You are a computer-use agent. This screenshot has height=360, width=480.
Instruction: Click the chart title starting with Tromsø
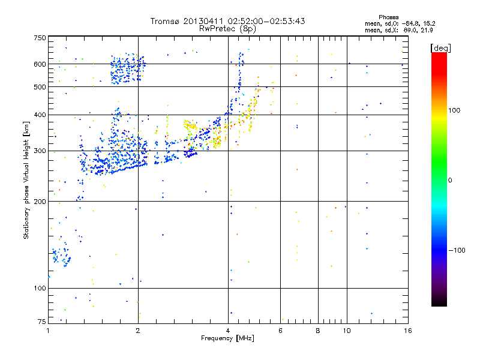pyautogui.click(x=227, y=21)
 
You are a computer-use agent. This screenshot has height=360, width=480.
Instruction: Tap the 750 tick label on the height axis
pyautogui.click(x=40, y=38)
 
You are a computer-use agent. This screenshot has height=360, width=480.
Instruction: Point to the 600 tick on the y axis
pyautogui.click(x=40, y=64)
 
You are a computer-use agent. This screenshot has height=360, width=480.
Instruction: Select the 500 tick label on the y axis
pyautogui.click(x=40, y=87)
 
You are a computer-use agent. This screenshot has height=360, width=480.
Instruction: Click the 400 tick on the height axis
pyautogui.click(x=40, y=115)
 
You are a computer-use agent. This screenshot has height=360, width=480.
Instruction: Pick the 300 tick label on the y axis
pyautogui.click(x=40, y=151)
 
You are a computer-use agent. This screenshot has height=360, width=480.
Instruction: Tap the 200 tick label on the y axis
pyautogui.click(x=40, y=202)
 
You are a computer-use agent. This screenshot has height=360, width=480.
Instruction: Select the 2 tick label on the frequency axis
pyautogui.click(x=138, y=331)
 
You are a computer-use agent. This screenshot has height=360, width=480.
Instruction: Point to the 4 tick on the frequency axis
pyautogui.click(x=228, y=331)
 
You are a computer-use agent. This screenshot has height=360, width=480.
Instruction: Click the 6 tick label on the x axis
pyautogui.click(x=280, y=331)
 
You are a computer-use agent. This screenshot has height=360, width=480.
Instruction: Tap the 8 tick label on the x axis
pyautogui.click(x=318, y=331)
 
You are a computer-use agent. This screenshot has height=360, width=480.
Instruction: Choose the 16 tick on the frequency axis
pyautogui.click(x=407, y=331)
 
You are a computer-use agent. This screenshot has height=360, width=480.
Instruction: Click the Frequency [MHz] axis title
pyautogui.click(x=227, y=339)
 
